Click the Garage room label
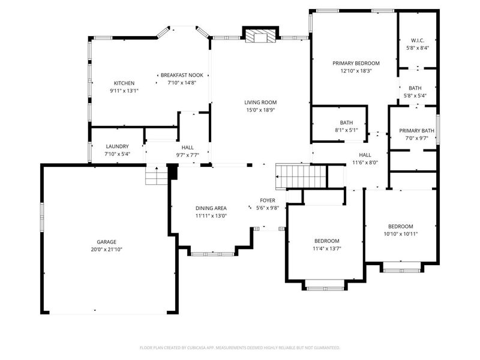pyautogui.click(x=107, y=242)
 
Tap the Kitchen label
pyautogui.click(x=124, y=83)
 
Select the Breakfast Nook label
pyautogui.click(x=182, y=75)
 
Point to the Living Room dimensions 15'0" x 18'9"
pyautogui.click(x=261, y=110)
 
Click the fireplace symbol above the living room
pyautogui.click(x=261, y=36)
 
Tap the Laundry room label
pyautogui.click(x=117, y=146)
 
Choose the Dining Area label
pyautogui.click(x=211, y=208)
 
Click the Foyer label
pyautogui.click(x=268, y=200)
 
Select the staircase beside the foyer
pyautogui.click(x=301, y=176)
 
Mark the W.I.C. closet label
pyautogui.click(x=418, y=40)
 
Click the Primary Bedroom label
pyautogui.click(x=356, y=64)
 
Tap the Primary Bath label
pyautogui.click(x=416, y=131)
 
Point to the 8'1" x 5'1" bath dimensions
pyautogui.click(x=346, y=130)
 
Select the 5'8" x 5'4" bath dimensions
pyautogui.click(x=415, y=95)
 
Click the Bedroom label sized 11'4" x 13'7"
pyautogui.click(x=327, y=241)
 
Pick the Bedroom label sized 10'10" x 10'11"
pyautogui.click(x=401, y=227)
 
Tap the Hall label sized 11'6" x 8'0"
pyautogui.click(x=365, y=155)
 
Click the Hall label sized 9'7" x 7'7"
pyautogui.click(x=187, y=148)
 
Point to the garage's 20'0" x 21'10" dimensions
pyautogui.click(x=107, y=250)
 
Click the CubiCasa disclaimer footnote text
pyautogui.click(x=239, y=348)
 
